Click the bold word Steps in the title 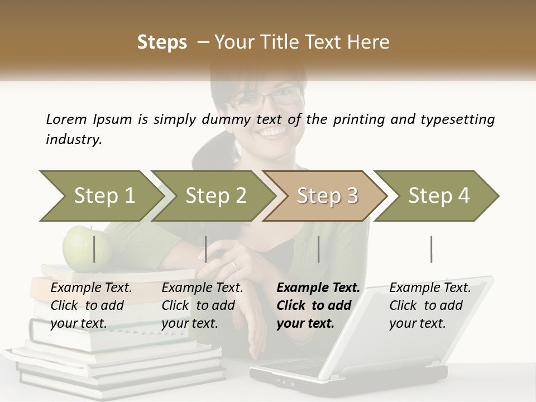[162, 42]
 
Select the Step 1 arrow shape [100, 196]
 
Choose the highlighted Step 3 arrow [327, 196]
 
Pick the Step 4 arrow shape [438, 196]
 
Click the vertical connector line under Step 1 [94, 249]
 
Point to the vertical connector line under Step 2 [206, 249]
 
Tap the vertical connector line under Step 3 [319, 249]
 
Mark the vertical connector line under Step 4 [432, 249]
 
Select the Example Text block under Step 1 [91, 305]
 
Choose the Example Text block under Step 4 [430, 305]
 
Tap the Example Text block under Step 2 [202, 305]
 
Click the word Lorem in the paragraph [66, 119]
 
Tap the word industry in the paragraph [73, 139]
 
